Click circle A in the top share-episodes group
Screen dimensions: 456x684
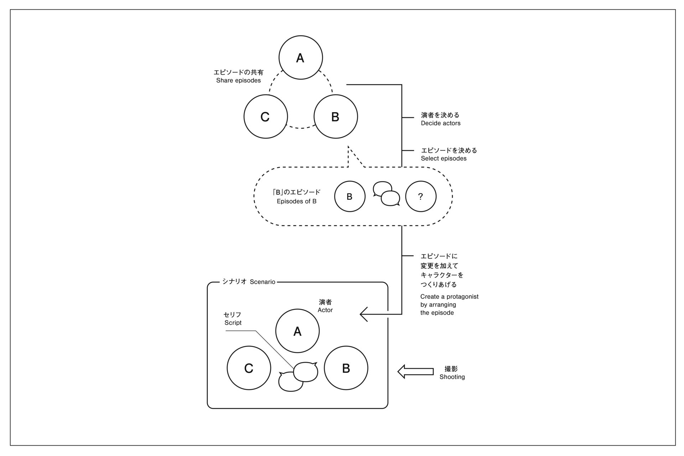pos(301,57)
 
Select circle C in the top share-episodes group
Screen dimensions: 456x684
pos(265,116)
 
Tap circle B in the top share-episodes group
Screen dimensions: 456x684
pos(336,116)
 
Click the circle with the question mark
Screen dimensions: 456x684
pos(421,196)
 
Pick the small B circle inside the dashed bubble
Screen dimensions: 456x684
pos(349,196)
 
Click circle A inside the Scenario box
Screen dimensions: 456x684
pos(297,331)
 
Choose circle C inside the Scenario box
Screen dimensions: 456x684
pos(249,368)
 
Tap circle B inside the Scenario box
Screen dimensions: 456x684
pos(346,368)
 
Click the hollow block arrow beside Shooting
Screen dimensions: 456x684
pos(415,372)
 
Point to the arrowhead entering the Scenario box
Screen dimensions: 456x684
pos(364,314)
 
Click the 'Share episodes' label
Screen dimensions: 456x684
pos(238,81)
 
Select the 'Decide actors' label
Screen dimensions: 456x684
pos(440,123)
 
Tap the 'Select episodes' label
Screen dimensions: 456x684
pos(444,159)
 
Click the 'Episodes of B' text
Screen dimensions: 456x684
pos(296,201)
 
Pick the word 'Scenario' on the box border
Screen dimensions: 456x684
pos(263,282)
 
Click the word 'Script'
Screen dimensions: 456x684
pos(233,323)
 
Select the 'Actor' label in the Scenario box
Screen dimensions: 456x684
pos(325,310)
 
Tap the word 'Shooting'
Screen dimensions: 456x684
pos(452,377)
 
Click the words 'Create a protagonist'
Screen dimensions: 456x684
pos(449,296)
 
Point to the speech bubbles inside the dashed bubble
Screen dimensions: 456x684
pos(386,194)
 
